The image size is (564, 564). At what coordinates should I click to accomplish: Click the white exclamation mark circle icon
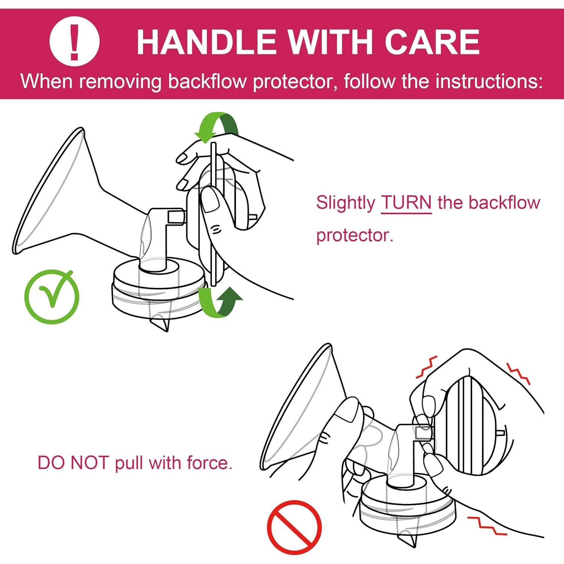pyautogui.click(x=74, y=41)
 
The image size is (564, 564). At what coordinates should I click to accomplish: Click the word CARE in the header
pyautogui.click(x=432, y=42)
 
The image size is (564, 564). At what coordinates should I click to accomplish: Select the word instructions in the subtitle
pyautogui.click(x=489, y=82)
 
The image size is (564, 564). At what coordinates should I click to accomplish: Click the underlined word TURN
pyautogui.click(x=406, y=203)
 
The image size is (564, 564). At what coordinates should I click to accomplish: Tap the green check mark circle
pyautogui.click(x=52, y=297)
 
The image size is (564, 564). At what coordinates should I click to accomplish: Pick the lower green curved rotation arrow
pyautogui.click(x=220, y=301)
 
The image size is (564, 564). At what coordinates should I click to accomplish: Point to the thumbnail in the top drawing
pyautogui.click(x=210, y=199)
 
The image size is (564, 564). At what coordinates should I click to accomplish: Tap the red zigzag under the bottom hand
pyautogui.click(x=487, y=526)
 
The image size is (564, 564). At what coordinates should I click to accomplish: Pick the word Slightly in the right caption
pyautogui.click(x=346, y=203)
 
